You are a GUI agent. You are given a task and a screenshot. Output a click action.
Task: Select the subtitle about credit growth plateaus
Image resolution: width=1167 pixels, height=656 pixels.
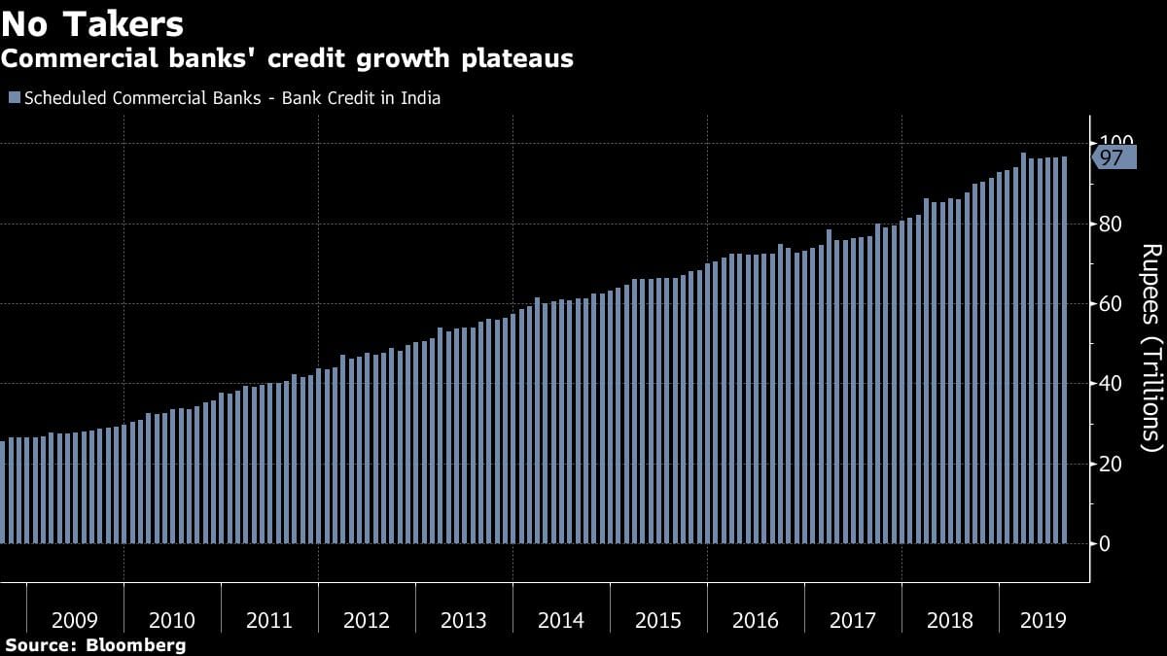pyautogui.click(x=287, y=58)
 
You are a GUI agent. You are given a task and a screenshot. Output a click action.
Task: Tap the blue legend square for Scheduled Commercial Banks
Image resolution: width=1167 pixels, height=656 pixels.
pyautogui.click(x=14, y=98)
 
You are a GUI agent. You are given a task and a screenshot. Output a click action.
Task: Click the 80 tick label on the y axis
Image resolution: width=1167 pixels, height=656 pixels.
pyautogui.click(x=1111, y=224)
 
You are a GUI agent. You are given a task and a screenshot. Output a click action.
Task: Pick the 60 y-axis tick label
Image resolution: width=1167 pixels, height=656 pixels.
pyautogui.click(x=1111, y=304)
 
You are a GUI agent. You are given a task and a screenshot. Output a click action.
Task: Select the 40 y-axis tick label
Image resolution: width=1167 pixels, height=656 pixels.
pyautogui.click(x=1111, y=384)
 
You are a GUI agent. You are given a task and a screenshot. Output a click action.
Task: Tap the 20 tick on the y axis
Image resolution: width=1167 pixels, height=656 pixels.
pyautogui.click(x=1111, y=464)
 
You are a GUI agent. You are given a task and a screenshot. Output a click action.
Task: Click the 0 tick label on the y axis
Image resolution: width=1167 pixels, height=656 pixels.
pyautogui.click(x=1104, y=543)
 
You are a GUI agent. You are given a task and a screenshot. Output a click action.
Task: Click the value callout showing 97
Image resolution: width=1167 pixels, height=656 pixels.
pyautogui.click(x=1113, y=157)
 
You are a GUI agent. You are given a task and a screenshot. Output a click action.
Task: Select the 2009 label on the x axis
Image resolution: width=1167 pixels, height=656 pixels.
pyautogui.click(x=75, y=620)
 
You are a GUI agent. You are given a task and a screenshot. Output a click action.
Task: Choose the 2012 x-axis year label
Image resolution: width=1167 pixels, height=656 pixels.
pyautogui.click(x=367, y=620)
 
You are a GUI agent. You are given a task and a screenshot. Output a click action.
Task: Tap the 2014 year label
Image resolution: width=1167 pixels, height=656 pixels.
pyautogui.click(x=561, y=620)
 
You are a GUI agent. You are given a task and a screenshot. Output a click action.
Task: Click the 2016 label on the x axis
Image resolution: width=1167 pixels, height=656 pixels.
pyautogui.click(x=756, y=620)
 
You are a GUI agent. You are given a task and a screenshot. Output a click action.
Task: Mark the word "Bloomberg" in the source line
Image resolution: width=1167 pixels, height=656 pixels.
pyautogui.click(x=135, y=644)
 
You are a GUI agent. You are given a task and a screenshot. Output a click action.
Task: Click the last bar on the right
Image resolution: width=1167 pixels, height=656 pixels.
pyautogui.click(x=1064, y=350)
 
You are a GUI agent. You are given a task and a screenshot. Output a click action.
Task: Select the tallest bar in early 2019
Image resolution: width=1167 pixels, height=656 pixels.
pyautogui.click(x=1023, y=348)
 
